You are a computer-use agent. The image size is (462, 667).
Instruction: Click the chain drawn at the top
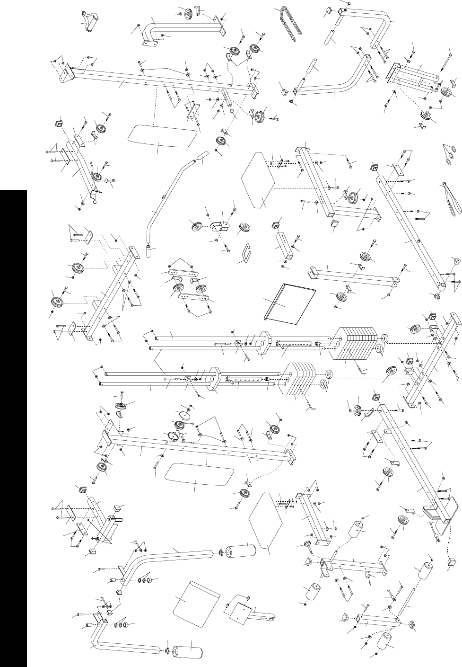289,24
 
